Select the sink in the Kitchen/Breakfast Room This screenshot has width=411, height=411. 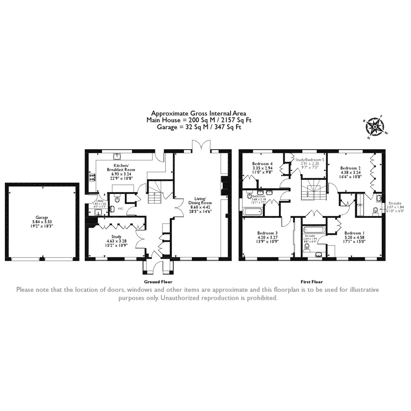[x=118, y=156]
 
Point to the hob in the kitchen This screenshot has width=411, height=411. [x=92, y=177]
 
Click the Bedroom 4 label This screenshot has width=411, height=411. [x=262, y=164]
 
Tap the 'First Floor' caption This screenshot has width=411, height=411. [x=311, y=282]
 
